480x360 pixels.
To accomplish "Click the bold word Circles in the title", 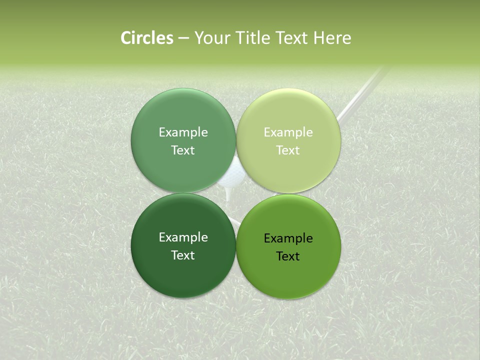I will (146, 38).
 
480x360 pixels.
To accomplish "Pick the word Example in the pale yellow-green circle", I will (288, 132).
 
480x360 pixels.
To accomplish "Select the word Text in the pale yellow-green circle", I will (288, 150).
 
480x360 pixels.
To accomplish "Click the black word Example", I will (288, 238).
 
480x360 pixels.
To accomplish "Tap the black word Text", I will (288, 256).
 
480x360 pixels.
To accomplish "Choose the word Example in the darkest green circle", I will (183, 237).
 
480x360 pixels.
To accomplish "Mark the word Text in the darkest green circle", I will (183, 255).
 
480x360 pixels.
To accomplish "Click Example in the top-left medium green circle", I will (183, 132).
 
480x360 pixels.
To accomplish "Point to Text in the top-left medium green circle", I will (183, 150).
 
